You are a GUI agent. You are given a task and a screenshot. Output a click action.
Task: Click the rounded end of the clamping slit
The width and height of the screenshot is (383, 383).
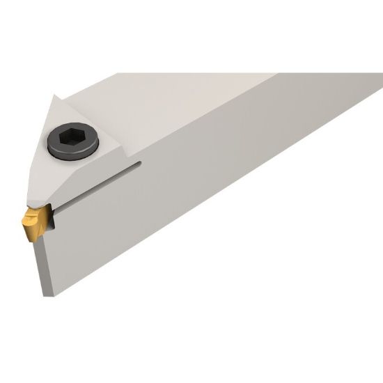pyautogui.click(x=139, y=165)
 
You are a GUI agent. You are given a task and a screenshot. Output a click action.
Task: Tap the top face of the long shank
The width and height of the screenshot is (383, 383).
pyautogui.click(x=209, y=97)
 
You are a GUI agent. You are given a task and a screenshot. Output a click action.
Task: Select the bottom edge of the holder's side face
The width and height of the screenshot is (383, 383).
pyautogui.click(x=209, y=230)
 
